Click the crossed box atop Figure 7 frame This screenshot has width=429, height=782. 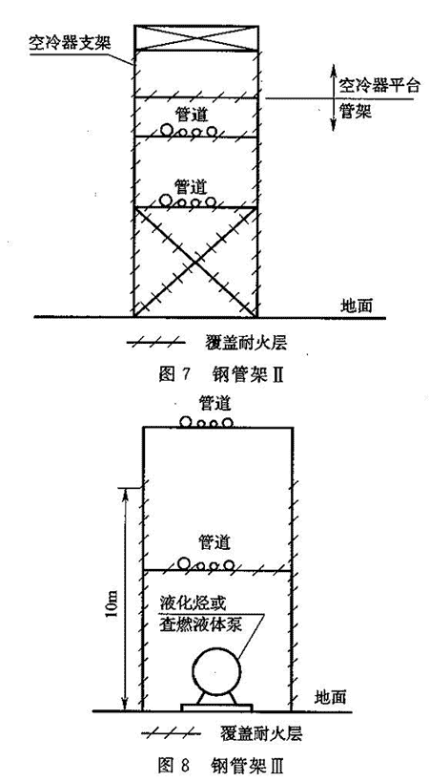196,38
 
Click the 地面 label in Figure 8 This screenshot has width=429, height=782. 331,696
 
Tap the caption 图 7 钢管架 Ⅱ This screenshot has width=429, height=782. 221,373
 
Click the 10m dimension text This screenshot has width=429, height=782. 112,605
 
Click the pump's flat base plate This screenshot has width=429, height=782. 217,708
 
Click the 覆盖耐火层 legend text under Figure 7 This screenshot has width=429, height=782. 246,343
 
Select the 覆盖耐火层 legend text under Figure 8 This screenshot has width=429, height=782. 260,733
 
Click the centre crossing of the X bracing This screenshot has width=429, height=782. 195,262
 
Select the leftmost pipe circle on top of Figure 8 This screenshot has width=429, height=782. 187,422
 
